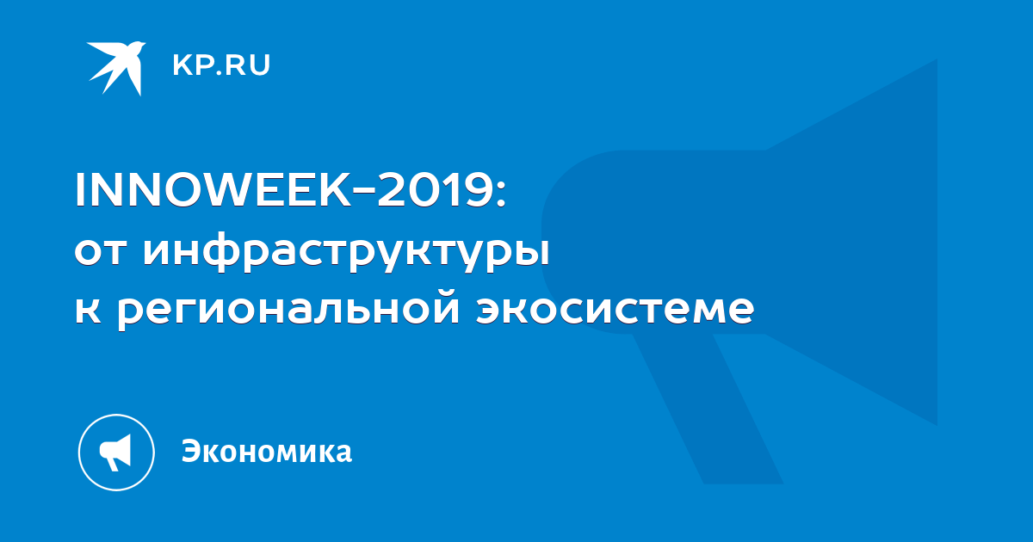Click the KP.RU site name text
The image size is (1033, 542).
click(221, 65)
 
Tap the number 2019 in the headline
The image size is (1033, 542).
click(434, 190)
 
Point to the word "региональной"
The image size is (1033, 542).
click(288, 309)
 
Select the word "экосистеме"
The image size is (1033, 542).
click(615, 310)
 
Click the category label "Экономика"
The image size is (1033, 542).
click(267, 452)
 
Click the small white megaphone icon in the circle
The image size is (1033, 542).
click(115, 452)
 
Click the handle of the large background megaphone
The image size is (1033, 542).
click(708, 408)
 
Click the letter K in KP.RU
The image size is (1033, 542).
click(182, 65)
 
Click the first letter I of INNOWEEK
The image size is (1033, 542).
click(79, 190)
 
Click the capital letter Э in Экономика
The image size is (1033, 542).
click(191, 452)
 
